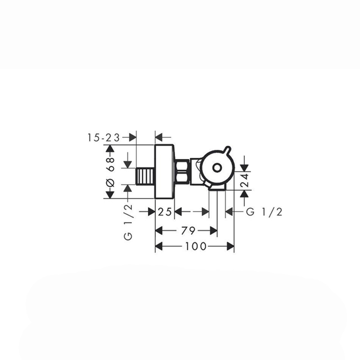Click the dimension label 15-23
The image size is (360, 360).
[x=103, y=138]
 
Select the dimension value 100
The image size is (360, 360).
[x=196, y=246]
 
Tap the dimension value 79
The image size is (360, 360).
[x=188, y=230]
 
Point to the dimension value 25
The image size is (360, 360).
[x=165, y=211]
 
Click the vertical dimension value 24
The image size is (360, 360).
[x=245, y=180]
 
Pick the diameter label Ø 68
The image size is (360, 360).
[x=111, y=172]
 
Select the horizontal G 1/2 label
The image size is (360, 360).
[x=264, y=212]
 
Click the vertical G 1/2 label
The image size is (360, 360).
[x=128, y=222]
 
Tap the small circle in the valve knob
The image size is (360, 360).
[x=217, y=168]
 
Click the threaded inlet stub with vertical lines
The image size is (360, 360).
[x=145, y=176]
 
